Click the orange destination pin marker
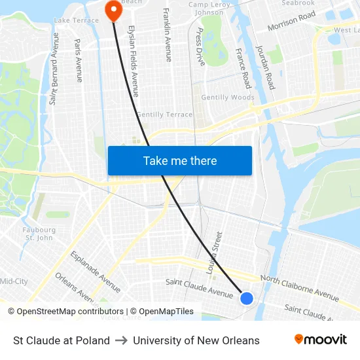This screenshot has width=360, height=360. tap(114, 10)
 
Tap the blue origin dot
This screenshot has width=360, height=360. tap(246, 298)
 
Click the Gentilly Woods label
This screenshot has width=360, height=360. tap(228, 98)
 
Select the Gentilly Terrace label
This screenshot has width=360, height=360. tap(164, 115)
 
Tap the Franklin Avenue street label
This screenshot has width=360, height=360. tap(168, 35)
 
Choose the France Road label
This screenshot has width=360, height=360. tap(243, 68)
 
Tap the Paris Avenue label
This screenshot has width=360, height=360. tap(79, 60)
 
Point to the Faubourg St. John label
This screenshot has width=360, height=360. tap(39, 234)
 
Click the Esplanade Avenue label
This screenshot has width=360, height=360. tap(96, 271)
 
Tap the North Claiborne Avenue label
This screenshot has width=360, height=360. tap(299, 288)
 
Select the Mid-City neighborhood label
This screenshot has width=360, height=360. tap(14, 281)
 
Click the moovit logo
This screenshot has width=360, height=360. tap(321, 340)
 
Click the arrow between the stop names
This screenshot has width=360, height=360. tap(121, 340)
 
